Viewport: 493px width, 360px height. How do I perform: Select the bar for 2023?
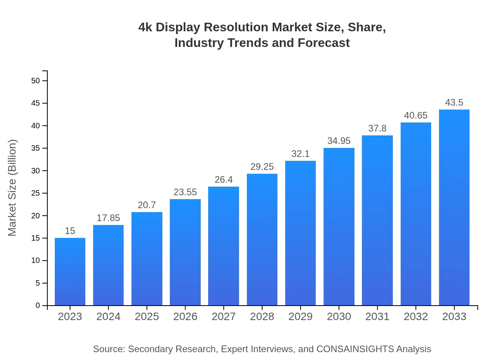(70, 272)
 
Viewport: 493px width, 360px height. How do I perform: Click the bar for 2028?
(262, 239)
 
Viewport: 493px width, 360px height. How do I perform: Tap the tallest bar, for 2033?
(454, 207)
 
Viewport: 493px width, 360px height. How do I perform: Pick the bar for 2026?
(185, 252)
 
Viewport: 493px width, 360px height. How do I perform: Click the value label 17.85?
(108, 218)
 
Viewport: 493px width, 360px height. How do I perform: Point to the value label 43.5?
(454, 103)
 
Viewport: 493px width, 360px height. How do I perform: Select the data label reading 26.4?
(223, 180)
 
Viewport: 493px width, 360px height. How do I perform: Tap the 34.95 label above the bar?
(339, 141)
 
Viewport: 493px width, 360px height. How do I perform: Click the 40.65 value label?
(416, 115)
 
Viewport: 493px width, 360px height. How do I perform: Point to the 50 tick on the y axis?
(36, 81)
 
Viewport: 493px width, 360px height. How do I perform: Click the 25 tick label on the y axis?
(36, 193)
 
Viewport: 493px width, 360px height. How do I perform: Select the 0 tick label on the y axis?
(38, 306)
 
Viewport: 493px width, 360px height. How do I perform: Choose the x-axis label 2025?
(147, 317)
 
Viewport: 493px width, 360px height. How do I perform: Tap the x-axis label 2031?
(377, 317)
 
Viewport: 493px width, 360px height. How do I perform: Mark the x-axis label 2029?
(300, 317)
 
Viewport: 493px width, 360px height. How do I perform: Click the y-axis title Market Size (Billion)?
(13, 188)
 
